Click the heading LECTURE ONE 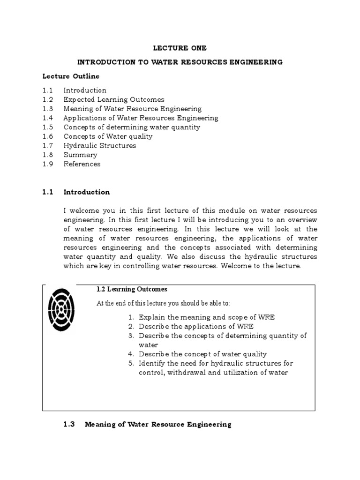click(x=180, y=48)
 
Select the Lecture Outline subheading click(x=71, y=76)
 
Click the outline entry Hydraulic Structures click(x=100, y=146)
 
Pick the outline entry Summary click(x=81, y=155)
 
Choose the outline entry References click(x=82, y=164)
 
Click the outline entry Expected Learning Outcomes click(x=114, y=99)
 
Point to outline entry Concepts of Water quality click(x=108, y=136)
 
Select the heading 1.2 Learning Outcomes click(x=132, y=289)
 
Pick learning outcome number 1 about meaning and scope click(x=206, y=317)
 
